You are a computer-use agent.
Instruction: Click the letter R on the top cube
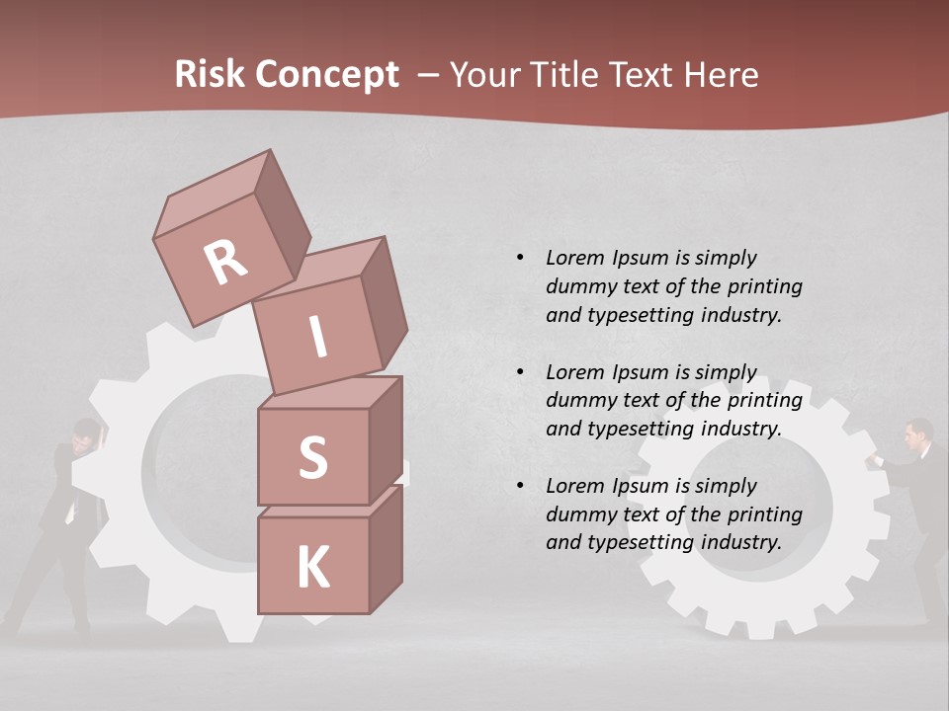coord(225,263)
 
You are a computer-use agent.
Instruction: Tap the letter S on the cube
coord(312,458)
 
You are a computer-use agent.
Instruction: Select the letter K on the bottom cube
coord(312,567)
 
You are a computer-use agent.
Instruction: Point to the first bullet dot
coord(520,258)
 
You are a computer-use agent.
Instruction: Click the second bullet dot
coord(520,372)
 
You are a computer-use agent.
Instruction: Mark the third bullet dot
coord(520,486)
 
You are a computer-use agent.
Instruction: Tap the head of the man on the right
coord(919,432)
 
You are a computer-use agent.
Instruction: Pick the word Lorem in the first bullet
coord(575,258)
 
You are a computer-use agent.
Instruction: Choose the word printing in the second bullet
coord(764,400)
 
